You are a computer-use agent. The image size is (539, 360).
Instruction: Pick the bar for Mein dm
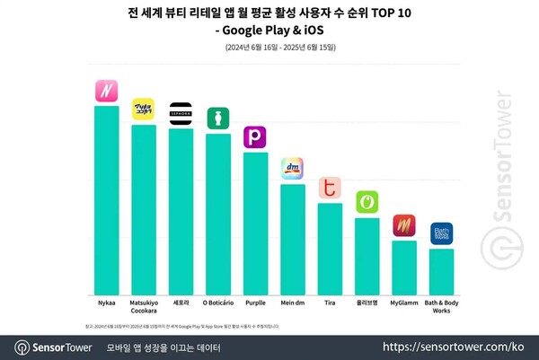[293, 239]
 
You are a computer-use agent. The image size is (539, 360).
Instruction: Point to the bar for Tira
[330, 248]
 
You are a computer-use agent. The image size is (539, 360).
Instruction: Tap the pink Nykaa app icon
[107, 91]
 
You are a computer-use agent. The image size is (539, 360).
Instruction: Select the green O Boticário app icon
[218, 118]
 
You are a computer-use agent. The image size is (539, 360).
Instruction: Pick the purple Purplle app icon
[255, 137]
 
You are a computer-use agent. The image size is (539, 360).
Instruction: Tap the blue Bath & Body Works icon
[441, 233]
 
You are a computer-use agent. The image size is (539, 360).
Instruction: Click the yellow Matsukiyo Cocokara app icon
[144, 110]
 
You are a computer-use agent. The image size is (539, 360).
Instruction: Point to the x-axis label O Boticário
[218, 303]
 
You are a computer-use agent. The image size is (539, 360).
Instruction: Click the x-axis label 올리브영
[367, 303]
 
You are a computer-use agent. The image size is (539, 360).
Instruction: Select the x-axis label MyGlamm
[404, 303]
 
